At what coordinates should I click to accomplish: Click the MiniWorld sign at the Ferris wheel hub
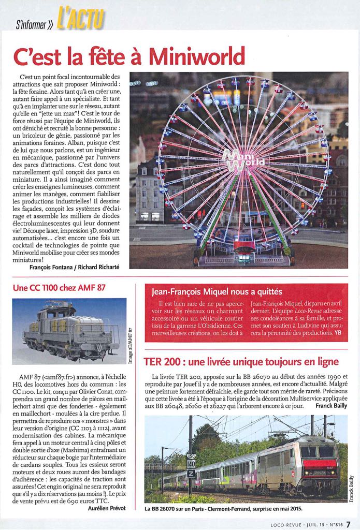243,160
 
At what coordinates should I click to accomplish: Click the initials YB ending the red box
338,333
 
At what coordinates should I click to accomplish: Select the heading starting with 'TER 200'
242,361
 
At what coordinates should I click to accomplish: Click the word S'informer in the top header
34,23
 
